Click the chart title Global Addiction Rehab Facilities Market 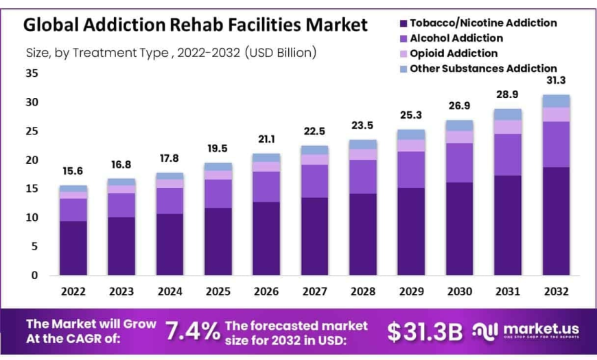click(196, 25)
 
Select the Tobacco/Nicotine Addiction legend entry click(483, 23)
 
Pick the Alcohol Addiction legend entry click(456, 38)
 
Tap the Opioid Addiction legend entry click(454, 53)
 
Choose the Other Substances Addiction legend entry click(483, 69)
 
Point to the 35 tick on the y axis click(31, 73)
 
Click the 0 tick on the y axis click(34, 275)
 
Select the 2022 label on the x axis click(73, 291)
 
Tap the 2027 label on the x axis click(314, 291)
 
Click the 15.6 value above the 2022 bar click(73, 171)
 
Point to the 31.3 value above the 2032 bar click(557, 80)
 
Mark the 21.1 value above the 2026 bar click(266, 139)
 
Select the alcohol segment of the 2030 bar click(460, 163)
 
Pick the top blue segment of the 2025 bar click(218, 167)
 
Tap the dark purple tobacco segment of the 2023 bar click(121, 246)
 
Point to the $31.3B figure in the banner click(425, 331)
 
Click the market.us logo click(525, 331)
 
